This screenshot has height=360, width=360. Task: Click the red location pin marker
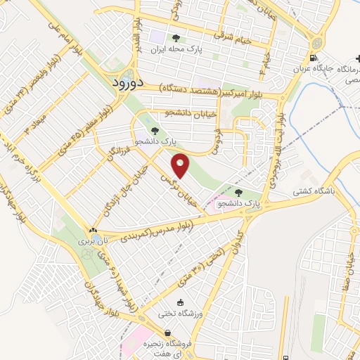[181, 165]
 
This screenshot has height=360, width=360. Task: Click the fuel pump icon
[312, 58]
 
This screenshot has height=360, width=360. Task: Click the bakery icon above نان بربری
[93, 230]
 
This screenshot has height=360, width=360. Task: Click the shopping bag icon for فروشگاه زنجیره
[167, 333]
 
